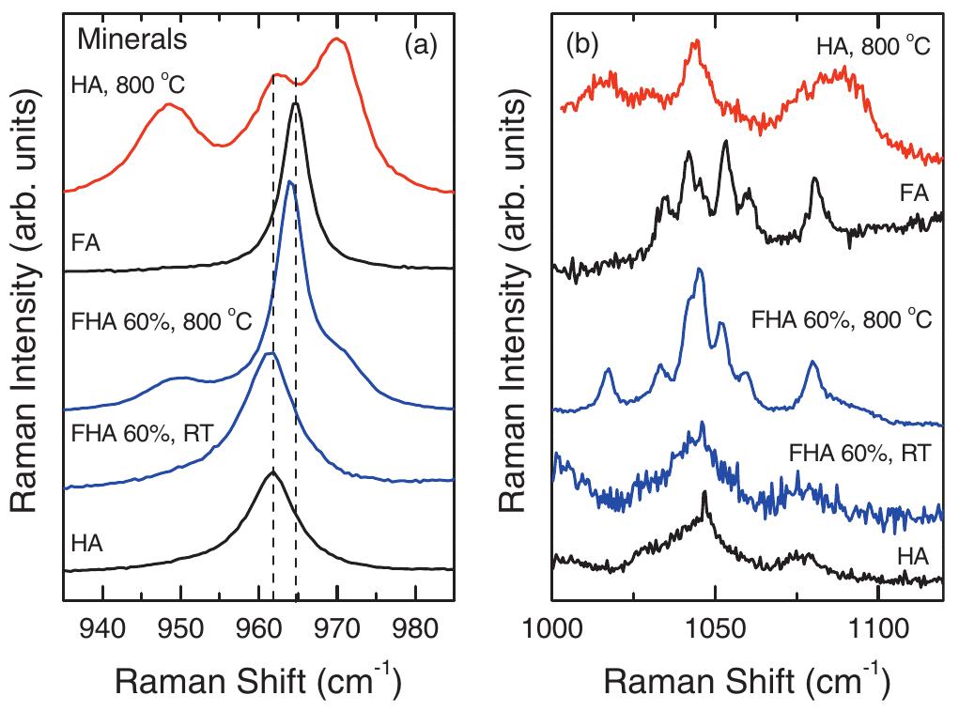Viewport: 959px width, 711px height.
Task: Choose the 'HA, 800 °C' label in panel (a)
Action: point(129,85)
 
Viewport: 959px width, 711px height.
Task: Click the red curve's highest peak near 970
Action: point(336,39)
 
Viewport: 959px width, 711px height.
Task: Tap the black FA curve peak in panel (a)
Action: point(296,103)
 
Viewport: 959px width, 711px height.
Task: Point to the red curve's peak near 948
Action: point(168,104)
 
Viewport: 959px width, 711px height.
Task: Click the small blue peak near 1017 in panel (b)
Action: point(608,369)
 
